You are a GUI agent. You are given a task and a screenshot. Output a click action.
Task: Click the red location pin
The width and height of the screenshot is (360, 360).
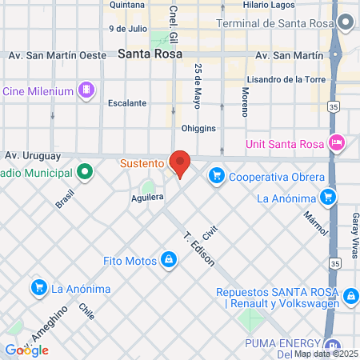pos(181,163)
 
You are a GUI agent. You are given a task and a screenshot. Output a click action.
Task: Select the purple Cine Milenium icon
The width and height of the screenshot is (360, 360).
pos(86,89)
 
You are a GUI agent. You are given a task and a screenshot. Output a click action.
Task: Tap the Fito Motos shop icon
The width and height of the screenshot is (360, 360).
pos(169,259)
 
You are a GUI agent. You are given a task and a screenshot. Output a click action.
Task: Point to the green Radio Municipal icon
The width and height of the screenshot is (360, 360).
pos(84,172)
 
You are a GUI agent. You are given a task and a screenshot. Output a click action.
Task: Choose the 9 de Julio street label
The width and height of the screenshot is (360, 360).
pos(128,28)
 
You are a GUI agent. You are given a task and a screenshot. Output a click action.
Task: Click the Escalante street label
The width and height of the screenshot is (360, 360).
pos(128,103)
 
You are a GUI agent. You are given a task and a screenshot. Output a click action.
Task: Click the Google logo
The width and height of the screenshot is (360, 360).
pos(26,350)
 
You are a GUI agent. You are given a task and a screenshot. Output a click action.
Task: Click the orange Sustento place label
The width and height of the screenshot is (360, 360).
pos(142,163)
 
